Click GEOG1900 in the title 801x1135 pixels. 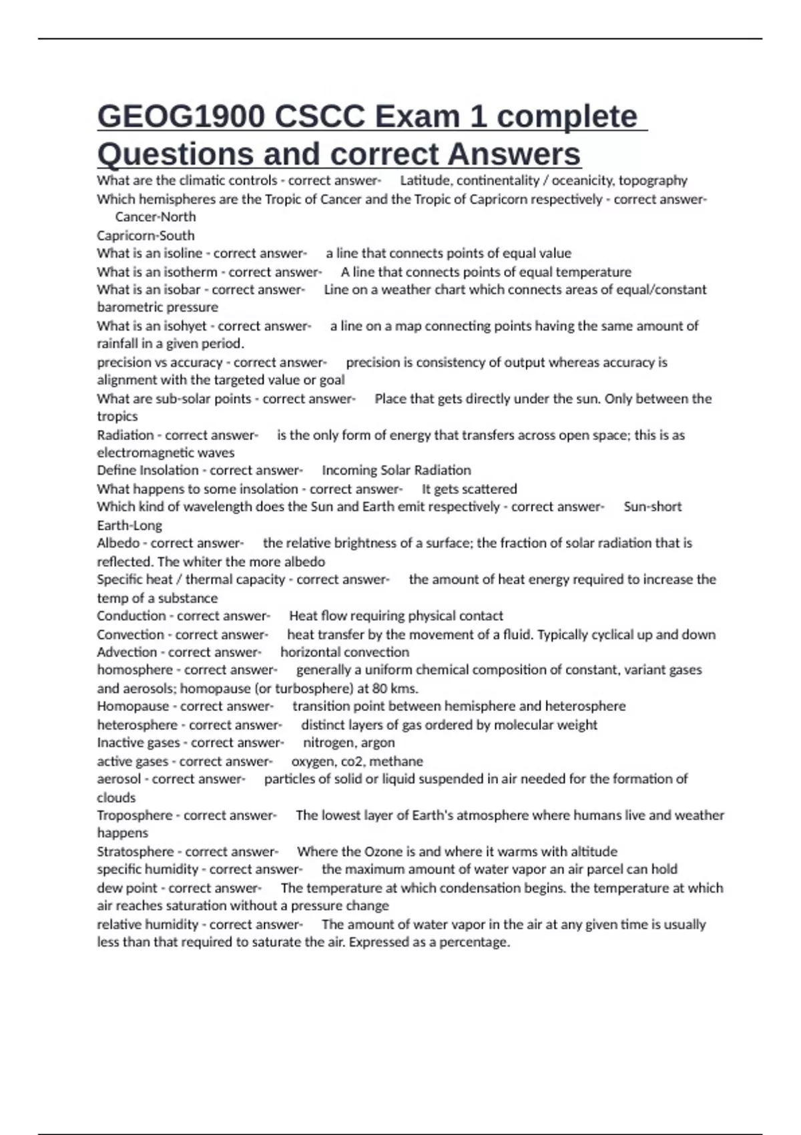click(181, 117)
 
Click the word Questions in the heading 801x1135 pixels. click(175, 154)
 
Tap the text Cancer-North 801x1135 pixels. click(156, 217)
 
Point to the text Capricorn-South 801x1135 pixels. click(146, 236)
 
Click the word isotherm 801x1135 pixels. click(191, 272)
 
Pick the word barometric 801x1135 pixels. click(126, 307)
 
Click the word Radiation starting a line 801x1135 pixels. click(125, 435)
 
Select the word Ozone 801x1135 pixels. click(382, 851)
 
